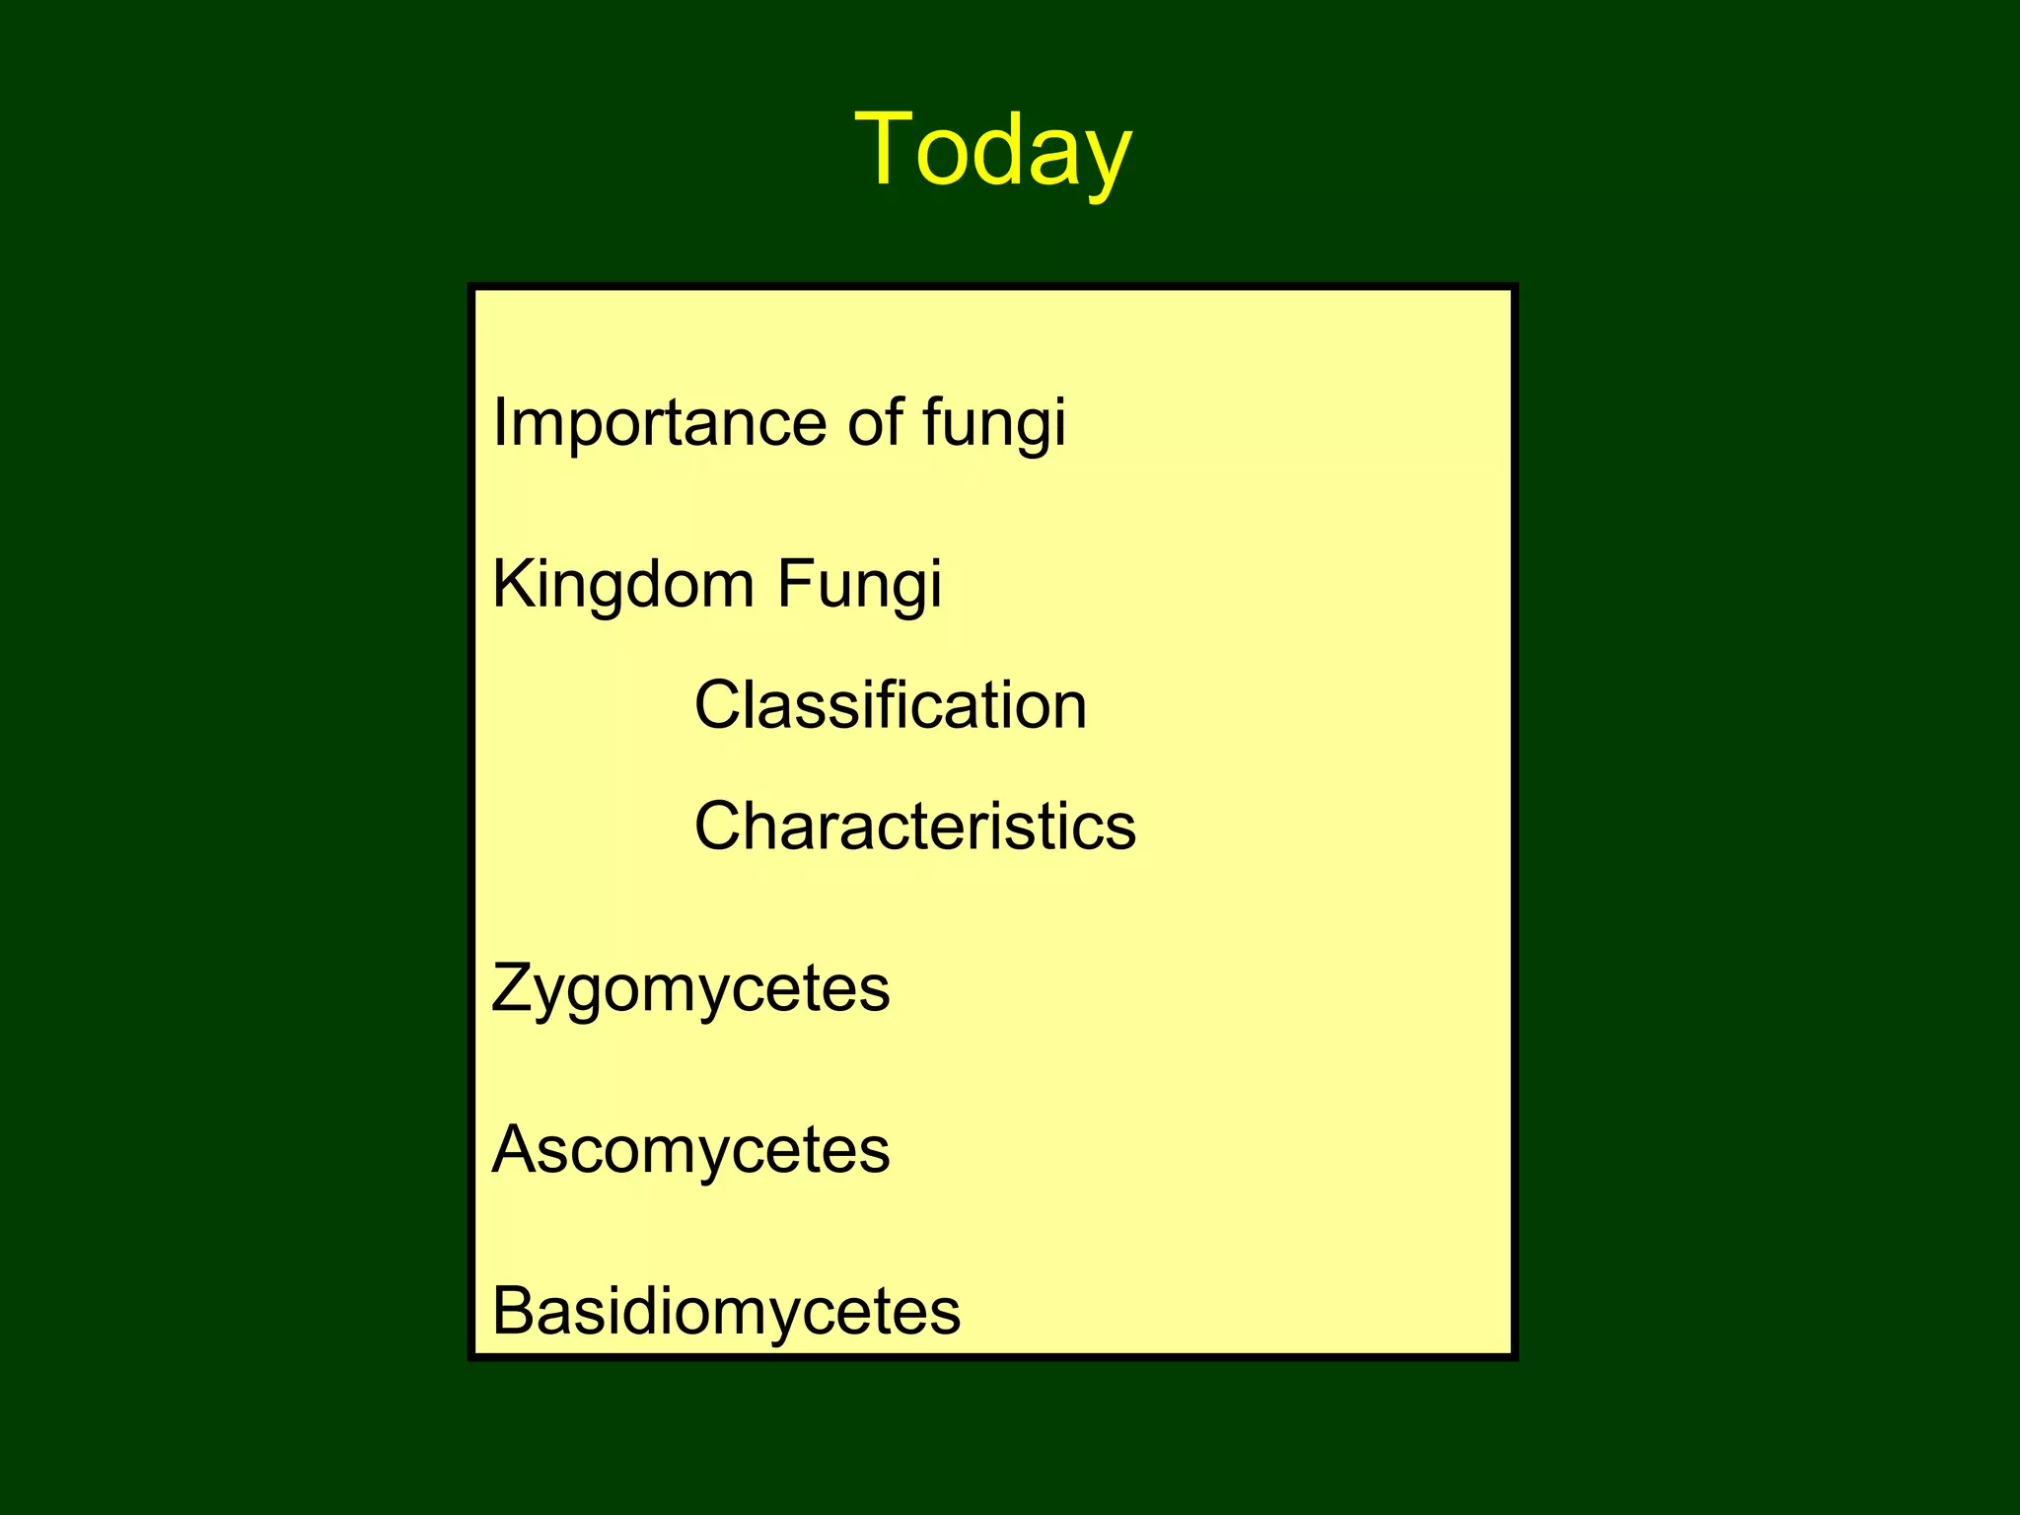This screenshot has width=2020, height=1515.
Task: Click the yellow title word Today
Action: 993,150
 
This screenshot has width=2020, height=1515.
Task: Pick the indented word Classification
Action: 891,705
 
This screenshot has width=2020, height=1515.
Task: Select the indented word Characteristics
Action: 915,826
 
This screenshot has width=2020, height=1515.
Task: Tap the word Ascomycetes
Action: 690,1150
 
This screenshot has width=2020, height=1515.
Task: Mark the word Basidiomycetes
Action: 726,1311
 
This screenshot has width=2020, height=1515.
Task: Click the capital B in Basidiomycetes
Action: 513,1311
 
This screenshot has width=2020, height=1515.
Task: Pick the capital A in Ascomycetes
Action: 515,1149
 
